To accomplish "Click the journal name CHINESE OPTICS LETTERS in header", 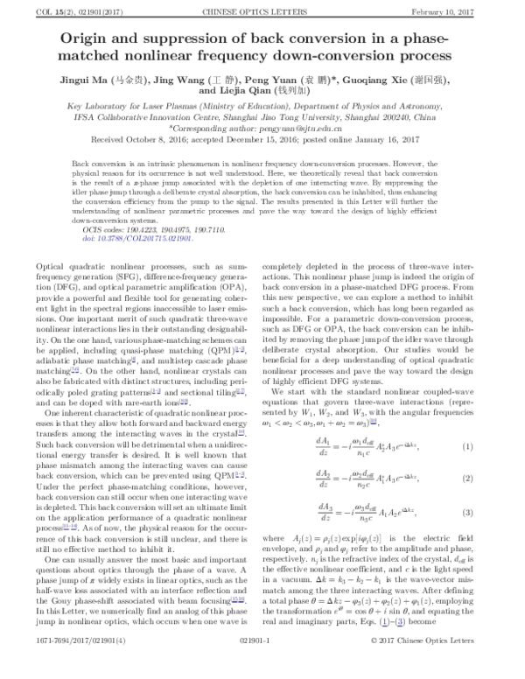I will pos(262,9).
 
